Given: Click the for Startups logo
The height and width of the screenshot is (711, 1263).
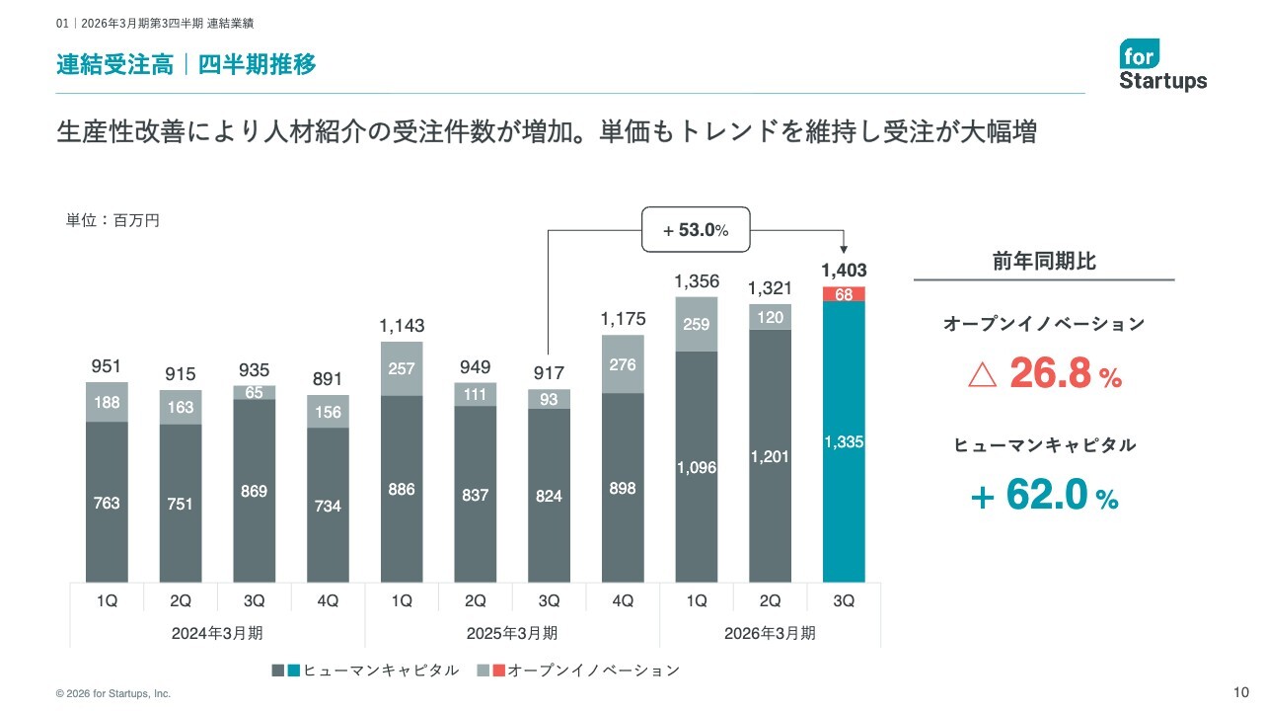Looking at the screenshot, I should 1162,65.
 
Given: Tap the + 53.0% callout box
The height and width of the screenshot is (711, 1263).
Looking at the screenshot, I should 696,230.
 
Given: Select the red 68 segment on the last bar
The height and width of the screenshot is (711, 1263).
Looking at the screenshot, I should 844,294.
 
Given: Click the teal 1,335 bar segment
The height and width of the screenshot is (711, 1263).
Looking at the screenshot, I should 844,442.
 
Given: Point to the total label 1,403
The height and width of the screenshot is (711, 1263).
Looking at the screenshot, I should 844,270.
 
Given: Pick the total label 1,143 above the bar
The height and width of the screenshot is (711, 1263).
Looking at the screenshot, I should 402,325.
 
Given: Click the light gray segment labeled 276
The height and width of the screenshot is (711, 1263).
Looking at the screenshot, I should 623,364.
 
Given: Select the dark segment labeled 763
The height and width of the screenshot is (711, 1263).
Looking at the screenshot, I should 107,503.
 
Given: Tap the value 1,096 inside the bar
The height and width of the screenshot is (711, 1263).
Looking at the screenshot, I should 697,467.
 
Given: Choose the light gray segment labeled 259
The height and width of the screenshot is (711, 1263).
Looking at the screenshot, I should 697,324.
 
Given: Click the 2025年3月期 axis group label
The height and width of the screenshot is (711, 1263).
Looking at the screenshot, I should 512,633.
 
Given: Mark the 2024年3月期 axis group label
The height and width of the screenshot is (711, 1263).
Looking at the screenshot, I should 218,633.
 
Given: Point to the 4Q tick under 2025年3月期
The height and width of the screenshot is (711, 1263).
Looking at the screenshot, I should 623,600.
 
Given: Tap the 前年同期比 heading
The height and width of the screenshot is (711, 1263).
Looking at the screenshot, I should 1044,262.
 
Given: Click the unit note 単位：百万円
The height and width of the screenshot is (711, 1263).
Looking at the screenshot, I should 112,221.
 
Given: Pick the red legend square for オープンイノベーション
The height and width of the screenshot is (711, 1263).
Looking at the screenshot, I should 498,671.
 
